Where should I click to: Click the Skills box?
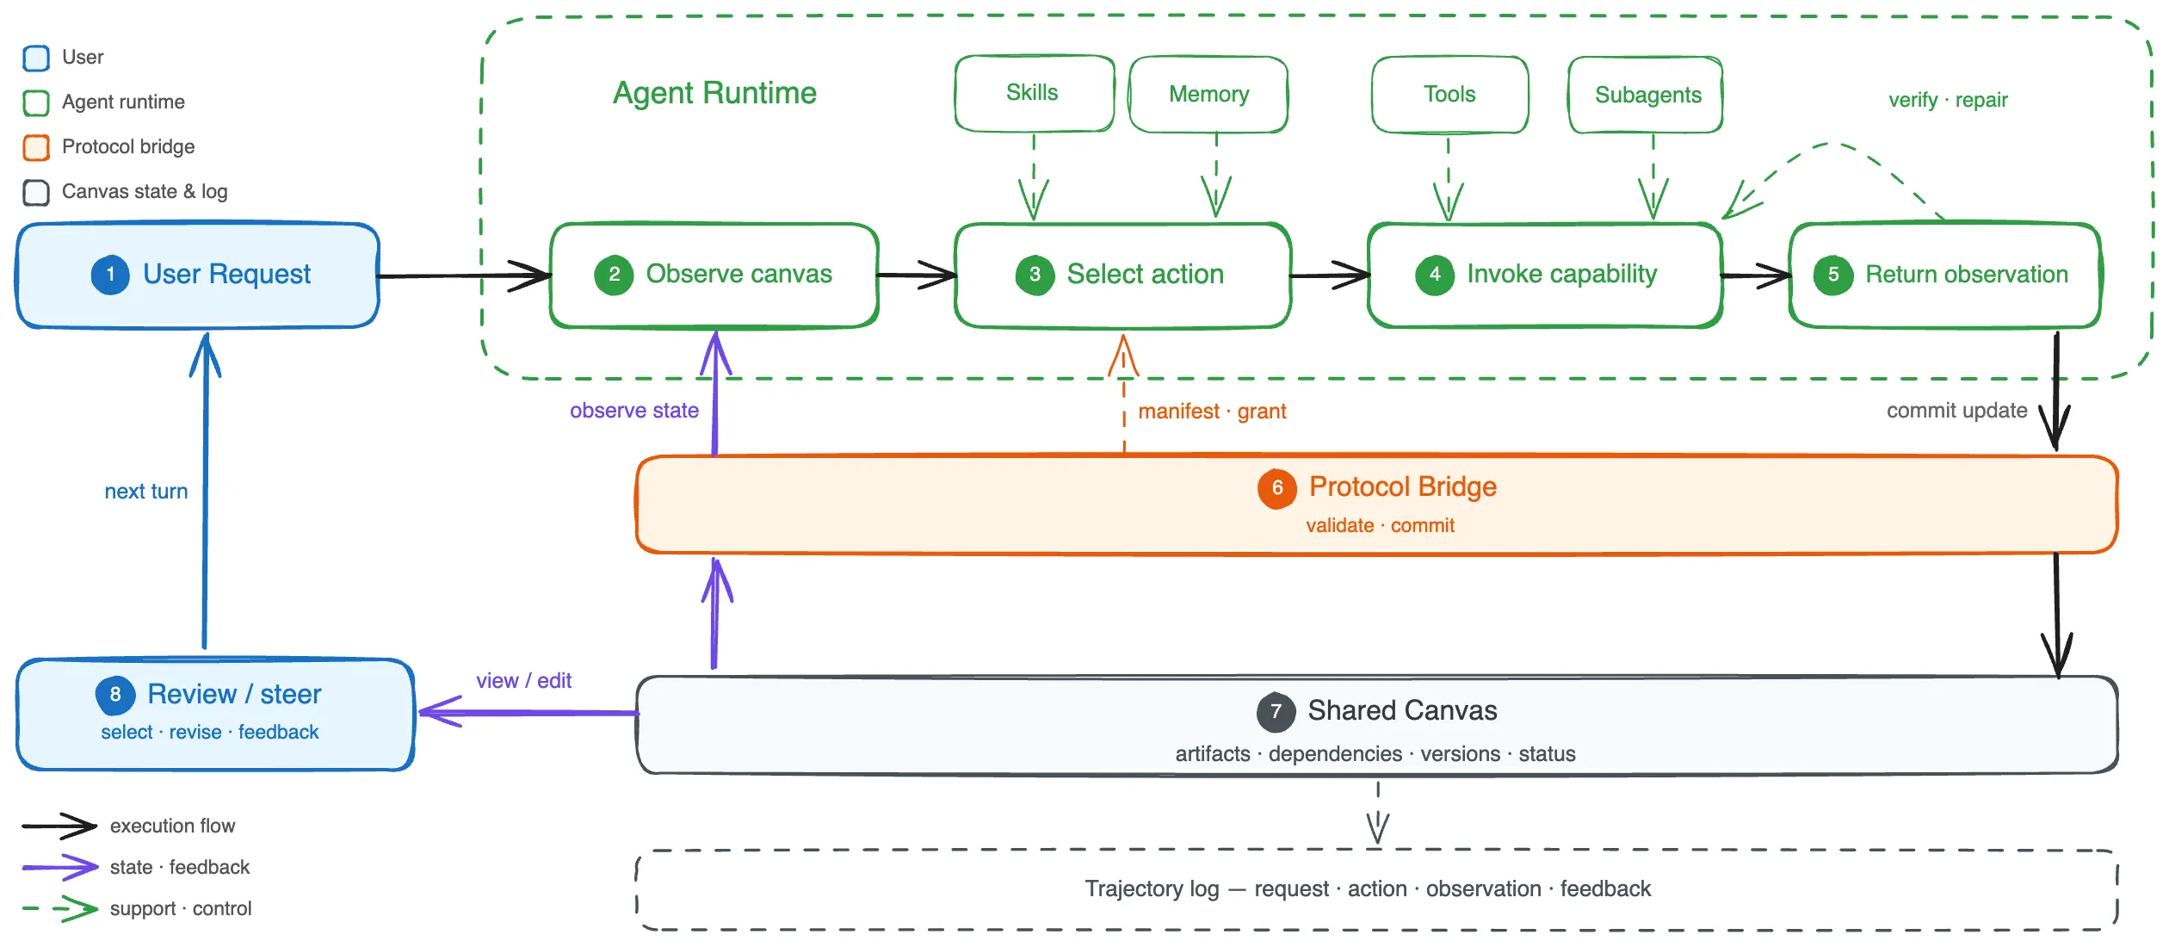coord(1034,94)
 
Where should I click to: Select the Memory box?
coord(1208,95)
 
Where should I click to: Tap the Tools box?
coord(1450,95)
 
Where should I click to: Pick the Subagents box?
coord(1646,95)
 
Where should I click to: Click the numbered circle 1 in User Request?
coord(110,275)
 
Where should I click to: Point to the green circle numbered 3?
coord(1035,275)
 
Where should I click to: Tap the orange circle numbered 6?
coord(1277,488)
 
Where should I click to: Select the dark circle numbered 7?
coord(1276,712)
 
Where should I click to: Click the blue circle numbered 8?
coord(115,695)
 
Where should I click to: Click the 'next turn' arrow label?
coord(146,492)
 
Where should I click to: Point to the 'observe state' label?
coord(634,411)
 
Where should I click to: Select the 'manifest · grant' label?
coord(1212,412)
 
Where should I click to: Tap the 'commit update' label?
coord(1956,411)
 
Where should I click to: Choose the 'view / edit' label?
coord(523,681)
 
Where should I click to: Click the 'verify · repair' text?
coord(1948,100)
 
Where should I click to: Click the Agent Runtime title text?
coord(714,93)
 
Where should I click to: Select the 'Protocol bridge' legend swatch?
coord(36,147)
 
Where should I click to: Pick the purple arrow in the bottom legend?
coord(60,867)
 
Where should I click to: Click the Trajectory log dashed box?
coord(1376,890)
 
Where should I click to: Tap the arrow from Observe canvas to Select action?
coord(917,275)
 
